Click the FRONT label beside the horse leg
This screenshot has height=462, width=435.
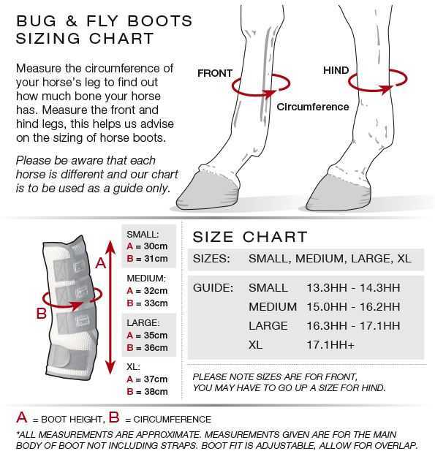[215, 73]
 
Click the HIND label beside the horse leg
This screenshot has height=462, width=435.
[336, 70]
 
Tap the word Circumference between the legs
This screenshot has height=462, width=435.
[312, 107]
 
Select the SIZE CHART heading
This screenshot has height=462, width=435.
[249, 237]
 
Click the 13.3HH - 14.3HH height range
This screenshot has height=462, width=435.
[353, 287]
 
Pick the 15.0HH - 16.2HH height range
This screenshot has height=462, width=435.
[353, 306]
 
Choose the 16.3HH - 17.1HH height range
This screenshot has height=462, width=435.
[353, 325]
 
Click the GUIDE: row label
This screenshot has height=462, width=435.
[213, 287]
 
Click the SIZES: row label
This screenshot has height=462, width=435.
[211, 259]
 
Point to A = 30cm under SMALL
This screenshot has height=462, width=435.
[147, 246]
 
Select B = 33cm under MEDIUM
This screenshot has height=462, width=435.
[147, 303]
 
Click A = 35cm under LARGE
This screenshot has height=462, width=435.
[147, 335]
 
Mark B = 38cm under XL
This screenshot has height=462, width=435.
[147, 391]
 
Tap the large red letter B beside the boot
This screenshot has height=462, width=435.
[42, 314]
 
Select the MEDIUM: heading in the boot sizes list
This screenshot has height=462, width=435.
[146, 279]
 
